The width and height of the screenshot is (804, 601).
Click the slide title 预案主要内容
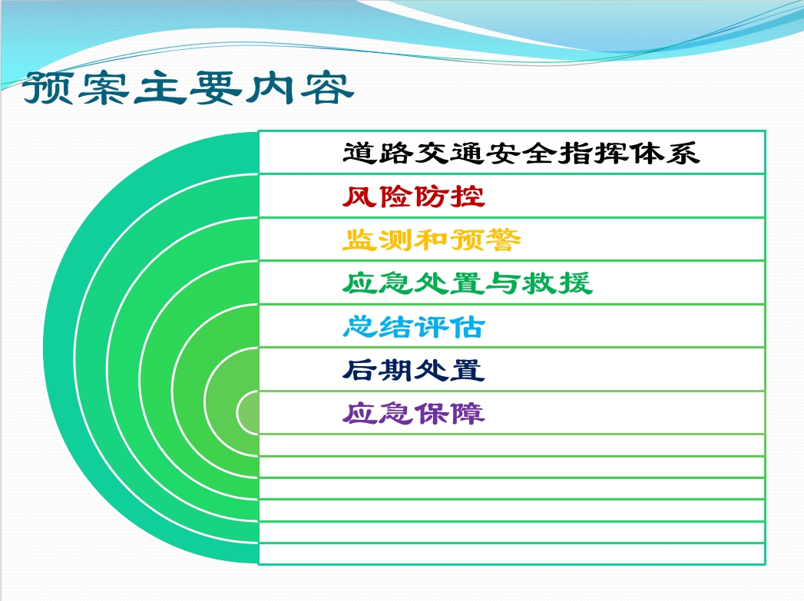click(187, 88)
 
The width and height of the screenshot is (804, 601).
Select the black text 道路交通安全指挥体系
click(521, 154)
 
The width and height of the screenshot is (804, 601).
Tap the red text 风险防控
click(414, 196)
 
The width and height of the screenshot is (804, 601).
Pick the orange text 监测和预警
click(432, 239)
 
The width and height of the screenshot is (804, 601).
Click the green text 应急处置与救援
click(468, 283)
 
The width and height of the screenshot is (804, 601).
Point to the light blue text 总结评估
click(414, 326)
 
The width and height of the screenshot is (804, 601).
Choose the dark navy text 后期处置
click(414, 370)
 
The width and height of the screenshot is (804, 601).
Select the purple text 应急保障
click(414, 414)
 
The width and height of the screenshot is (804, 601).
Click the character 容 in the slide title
click(327, 88)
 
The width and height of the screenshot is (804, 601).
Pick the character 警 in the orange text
click(504, 239)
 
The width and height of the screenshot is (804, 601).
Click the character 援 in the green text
click(575, 283)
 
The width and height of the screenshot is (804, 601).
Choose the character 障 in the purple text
click(468, 414)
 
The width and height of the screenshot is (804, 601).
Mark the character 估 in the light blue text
click(468, 326)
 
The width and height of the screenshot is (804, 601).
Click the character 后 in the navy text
click(360, 370)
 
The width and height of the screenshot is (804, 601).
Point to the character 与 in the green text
click(504, 283)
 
